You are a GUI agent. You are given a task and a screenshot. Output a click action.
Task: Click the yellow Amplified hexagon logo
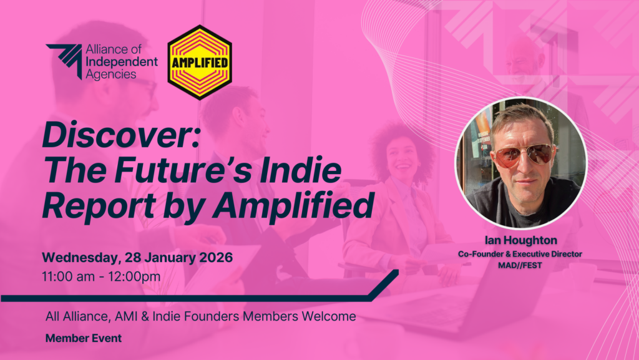[x=200, y=62]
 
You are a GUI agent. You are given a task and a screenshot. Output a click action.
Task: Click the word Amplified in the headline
[x=293, y=207]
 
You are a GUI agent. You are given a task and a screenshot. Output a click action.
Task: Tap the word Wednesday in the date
[x=82, y=258]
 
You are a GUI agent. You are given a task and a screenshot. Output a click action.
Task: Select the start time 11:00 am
[x=69, y=276]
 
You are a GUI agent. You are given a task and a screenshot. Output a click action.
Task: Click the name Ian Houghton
[x=521, y=240]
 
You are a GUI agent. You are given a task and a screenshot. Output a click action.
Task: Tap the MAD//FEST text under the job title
[x=520, y=266]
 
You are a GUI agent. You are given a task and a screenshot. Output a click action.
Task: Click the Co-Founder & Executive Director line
[x=520, y=254]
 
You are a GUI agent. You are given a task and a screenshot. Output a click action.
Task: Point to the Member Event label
[x=84, y=338]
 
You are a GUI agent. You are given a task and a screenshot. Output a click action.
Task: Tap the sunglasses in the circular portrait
[x=524, y=155]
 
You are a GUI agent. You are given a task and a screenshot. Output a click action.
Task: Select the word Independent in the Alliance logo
[x=122, y=62]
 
